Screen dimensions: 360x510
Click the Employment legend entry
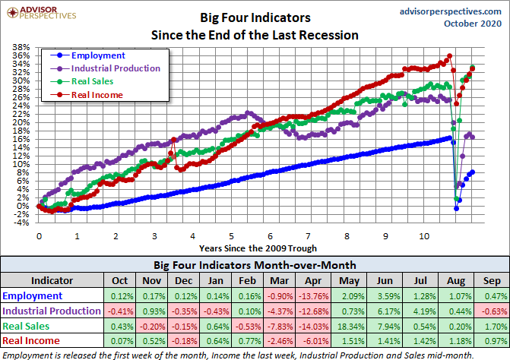97,55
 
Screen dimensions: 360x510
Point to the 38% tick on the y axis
21,47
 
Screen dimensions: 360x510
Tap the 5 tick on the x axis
232,236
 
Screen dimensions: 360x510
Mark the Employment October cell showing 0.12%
121,295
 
